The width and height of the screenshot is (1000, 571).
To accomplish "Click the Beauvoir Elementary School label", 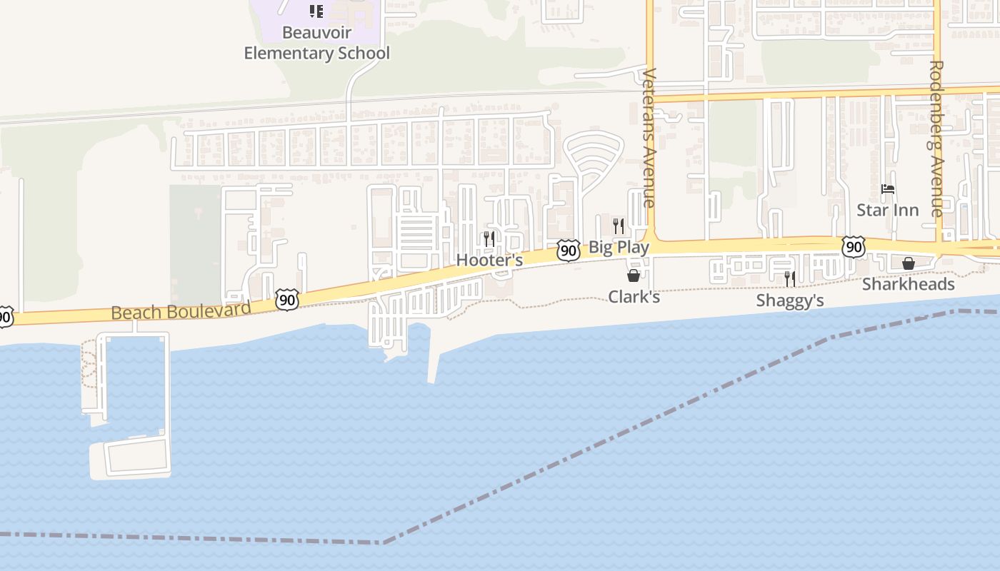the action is (317, 43).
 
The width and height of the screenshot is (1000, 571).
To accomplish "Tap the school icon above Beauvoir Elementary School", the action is (316, 11).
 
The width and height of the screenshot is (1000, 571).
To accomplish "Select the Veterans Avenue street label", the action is (649, 138).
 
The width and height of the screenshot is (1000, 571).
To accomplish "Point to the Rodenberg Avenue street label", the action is (936, 138).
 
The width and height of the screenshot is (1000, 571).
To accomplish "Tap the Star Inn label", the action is (888, 210).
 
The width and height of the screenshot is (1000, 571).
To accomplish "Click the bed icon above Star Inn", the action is (888, 189).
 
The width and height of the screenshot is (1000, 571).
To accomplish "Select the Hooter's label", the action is (489, 260).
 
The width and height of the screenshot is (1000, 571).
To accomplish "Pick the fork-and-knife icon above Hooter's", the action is (489, 238).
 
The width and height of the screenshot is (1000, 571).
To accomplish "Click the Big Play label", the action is (619, 248).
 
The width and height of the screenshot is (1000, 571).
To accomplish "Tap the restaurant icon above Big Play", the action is (619, 226).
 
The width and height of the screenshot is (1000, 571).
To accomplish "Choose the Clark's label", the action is (634, 296).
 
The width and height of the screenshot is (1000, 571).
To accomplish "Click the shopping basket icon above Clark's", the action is (634, 276).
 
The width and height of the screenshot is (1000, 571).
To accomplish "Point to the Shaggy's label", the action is (790, 300).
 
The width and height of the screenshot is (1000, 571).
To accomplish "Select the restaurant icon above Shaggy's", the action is (789, 278).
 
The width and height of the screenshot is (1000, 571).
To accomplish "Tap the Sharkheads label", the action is (908, 284).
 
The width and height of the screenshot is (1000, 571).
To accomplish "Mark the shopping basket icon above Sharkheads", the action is (908, 263).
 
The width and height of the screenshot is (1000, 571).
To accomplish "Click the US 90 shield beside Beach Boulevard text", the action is (287, 300).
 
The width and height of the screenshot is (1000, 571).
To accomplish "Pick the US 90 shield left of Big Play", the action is (569, 250).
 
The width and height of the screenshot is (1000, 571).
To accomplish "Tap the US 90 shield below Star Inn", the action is (853, 247).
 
